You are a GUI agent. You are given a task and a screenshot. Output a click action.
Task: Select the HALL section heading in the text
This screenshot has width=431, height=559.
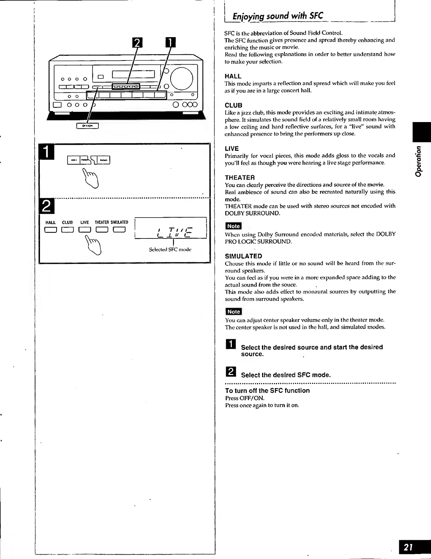pos(233,76)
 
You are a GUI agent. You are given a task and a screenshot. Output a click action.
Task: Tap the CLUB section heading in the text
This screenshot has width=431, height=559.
pos(234,105)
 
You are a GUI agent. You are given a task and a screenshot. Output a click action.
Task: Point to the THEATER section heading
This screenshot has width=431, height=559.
pos(240,177)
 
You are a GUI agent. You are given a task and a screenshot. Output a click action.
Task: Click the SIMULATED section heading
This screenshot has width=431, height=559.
pos(243,256)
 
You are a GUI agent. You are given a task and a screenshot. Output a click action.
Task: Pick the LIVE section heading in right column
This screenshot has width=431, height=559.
pos(232,149)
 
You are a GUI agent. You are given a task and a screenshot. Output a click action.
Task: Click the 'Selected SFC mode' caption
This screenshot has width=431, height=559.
pos(170,249)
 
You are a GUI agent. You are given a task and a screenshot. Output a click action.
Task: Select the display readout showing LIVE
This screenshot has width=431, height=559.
pos(171,231)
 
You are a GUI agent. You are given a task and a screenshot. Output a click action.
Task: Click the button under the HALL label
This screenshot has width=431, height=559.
pos(51,230)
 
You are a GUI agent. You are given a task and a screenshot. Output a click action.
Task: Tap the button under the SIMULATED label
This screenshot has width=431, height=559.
pos(119,230)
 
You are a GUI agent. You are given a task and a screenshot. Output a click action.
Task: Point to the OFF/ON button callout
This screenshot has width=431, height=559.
pos(87,126)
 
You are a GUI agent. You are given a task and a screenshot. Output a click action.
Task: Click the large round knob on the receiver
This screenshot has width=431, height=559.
pos(182,79)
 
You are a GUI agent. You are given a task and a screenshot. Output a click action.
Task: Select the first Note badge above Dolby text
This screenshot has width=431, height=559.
pos(233,226)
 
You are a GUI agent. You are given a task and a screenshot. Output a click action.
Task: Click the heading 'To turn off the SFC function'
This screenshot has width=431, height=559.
pos(267,391)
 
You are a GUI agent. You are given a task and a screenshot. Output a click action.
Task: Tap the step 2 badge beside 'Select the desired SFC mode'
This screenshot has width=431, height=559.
pos(230,372)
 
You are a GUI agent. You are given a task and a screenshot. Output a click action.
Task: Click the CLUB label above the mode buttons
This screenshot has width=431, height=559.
pos(67,223)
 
